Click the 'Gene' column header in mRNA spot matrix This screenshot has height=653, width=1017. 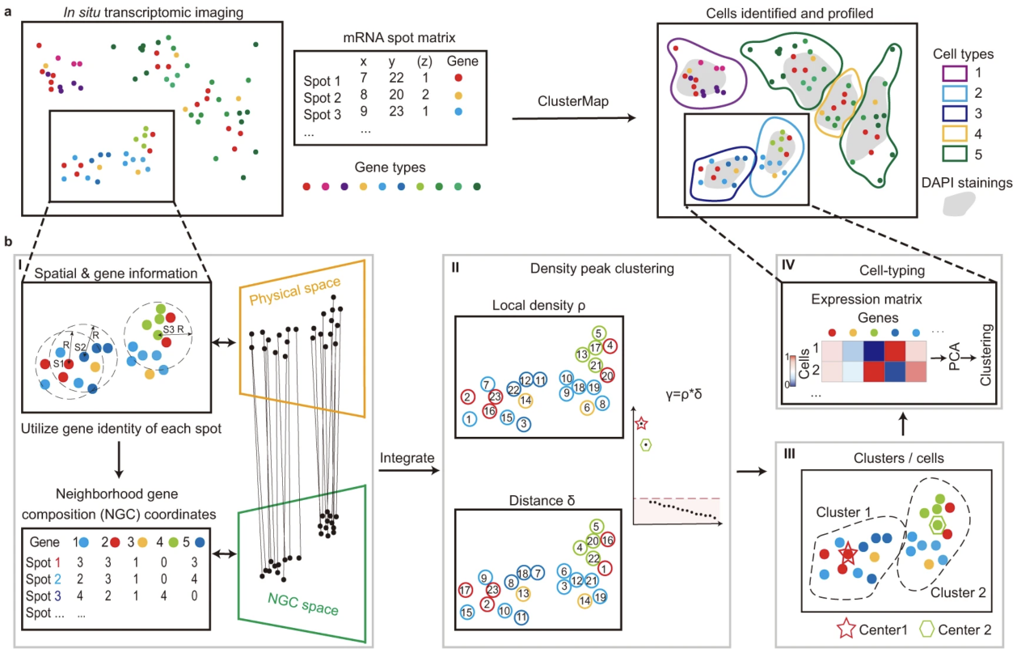463,61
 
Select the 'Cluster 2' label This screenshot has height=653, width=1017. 958,593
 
